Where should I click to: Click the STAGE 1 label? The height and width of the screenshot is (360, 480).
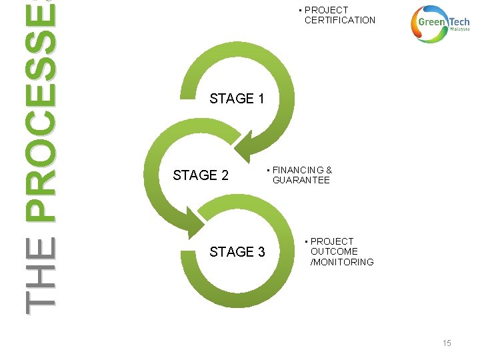237,99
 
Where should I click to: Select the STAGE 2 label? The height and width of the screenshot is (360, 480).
200,175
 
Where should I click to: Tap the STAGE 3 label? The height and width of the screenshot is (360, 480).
237,252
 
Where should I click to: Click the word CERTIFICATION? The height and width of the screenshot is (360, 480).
340,20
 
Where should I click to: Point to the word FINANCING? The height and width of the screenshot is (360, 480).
298,170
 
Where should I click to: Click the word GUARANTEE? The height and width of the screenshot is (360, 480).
301,180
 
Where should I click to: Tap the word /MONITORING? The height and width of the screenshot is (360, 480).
342,262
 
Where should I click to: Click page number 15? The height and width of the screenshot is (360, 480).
447,343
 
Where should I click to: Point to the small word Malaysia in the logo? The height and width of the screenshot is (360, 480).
460,30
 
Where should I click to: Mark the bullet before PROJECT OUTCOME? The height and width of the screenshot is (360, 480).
306,241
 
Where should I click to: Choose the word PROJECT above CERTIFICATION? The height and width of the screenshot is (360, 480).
326,10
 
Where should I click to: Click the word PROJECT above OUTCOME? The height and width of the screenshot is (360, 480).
332,241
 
